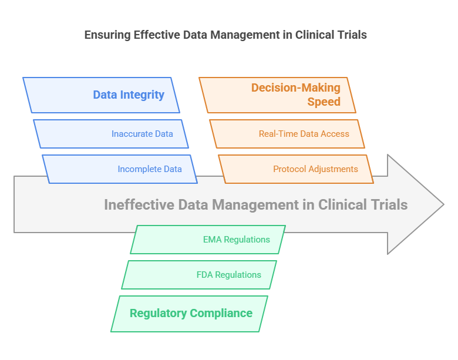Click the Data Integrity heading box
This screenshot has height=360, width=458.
(101, 95)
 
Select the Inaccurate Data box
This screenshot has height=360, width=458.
(111, 134)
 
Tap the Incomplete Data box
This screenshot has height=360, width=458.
(120, 169)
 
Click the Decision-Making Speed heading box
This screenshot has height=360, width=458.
(277, 95)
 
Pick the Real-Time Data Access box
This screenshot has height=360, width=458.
(287, 134)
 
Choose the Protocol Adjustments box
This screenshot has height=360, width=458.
(296, 169)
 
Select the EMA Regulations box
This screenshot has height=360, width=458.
(208, 240)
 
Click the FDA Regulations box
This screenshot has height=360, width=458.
(199, 275)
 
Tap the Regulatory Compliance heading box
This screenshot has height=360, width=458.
(189, 314)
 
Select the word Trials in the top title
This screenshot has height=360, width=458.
(351, 35)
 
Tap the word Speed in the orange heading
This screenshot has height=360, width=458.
(324, 102)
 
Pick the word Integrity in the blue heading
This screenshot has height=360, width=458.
(143, 95)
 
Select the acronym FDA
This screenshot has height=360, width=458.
(206, 275)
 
